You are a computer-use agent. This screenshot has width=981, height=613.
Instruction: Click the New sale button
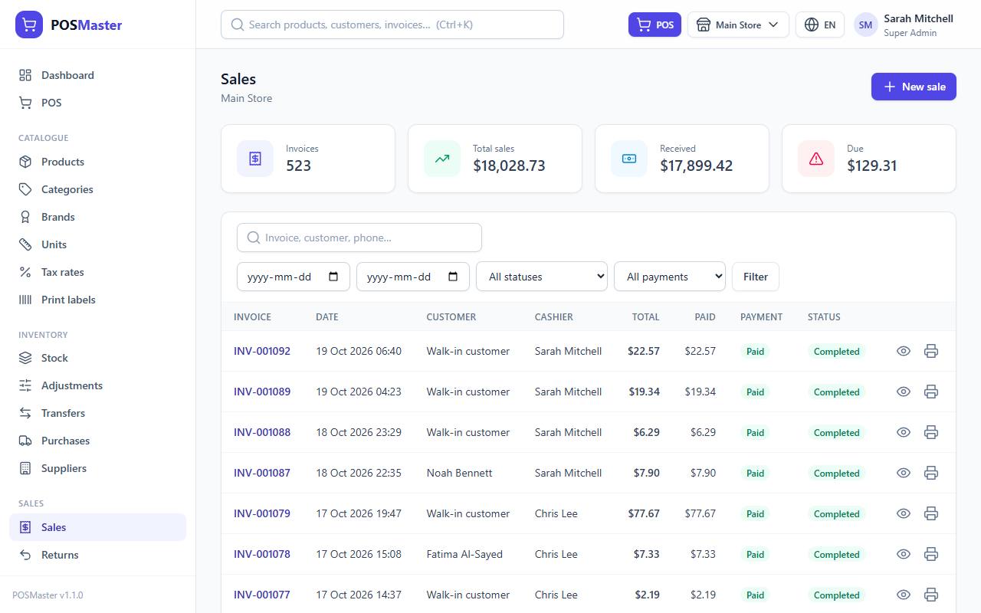[914, 87]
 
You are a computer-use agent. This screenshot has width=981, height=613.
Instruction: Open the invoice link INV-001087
[262, 473]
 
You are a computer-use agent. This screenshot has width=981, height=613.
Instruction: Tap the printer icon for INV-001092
[931, 351]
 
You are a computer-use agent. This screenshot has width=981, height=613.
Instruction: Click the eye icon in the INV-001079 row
[903, 513]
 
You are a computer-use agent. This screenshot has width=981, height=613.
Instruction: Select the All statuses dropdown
[542, 277]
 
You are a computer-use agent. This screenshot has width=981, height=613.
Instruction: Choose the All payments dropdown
[670, 277]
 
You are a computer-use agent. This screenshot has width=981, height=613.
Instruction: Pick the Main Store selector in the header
[738, 25]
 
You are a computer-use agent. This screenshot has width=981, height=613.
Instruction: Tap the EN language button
[820, 25]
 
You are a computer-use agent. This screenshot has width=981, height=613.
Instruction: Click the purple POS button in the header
[655, 25]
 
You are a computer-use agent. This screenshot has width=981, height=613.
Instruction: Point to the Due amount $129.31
[871, 166]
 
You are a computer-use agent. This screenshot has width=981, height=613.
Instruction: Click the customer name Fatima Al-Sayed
[464, 554]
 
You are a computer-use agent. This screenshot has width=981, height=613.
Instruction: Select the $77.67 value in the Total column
[643, 513]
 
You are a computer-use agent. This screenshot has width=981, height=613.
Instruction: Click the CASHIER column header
[553, 317]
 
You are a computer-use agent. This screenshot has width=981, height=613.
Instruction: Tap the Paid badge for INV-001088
[755, 433]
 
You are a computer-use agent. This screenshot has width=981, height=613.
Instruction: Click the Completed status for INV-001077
[836, 595]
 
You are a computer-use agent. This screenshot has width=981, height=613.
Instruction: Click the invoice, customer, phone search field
[359, 238]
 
